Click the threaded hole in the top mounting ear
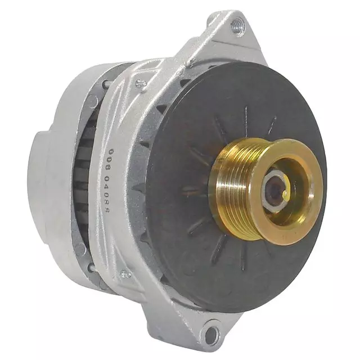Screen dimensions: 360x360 (x=237, y=25)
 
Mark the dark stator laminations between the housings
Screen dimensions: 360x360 (x=84, y=169)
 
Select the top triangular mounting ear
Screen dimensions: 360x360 (x=225, y=34)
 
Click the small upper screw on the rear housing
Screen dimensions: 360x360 (x=105, y=84)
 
